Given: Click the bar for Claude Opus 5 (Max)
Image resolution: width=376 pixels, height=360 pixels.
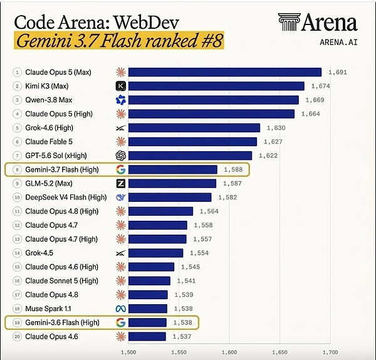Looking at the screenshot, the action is click(x=225, y=72).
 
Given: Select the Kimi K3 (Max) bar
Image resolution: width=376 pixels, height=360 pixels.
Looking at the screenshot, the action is click(x=216, y=86).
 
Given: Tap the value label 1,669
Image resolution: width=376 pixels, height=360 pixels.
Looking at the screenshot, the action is click(x=315, y=100).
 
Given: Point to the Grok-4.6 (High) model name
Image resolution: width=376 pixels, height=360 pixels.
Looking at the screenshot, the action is click(x=49, y=128).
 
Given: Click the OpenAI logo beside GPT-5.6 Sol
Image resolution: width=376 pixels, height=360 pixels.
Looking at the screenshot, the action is click(x=120, y=156).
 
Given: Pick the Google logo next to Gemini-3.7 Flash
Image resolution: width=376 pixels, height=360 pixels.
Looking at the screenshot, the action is click(x=120, y=170).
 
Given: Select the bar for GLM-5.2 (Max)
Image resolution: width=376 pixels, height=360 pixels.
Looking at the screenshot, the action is click(x=172, y=184).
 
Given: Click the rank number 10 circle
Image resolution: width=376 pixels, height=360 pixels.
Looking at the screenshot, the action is click(x=17, y=198).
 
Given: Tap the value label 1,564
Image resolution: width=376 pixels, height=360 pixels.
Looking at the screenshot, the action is click(x=209, y=211).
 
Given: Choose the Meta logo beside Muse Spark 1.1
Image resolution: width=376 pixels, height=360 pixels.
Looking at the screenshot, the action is click(x=120, y=309).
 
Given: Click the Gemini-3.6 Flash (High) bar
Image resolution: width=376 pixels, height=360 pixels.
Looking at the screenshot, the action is click(x=147, y=322).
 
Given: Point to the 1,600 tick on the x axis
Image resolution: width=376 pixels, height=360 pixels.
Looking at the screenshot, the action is click(x=229, y=352).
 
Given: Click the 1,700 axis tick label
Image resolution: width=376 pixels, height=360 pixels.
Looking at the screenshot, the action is click(x=330, y=352).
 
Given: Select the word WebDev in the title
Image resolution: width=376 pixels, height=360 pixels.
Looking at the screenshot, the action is click(x=146, y=23).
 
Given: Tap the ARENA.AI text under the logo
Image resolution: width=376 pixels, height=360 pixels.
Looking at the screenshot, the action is click(x=338, y=43).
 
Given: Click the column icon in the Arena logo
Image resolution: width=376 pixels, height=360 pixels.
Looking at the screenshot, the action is click(x=289, y=22).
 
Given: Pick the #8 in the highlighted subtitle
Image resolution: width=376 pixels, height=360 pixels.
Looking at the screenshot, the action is click(x=212, y=41).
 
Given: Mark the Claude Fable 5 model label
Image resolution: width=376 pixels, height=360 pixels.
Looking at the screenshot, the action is click(x=49, y=142).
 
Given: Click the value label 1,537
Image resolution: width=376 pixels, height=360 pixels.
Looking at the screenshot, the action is click(x=182, y=337).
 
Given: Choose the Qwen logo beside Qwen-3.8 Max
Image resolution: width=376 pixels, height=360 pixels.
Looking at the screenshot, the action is click(x=120, y=100).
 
